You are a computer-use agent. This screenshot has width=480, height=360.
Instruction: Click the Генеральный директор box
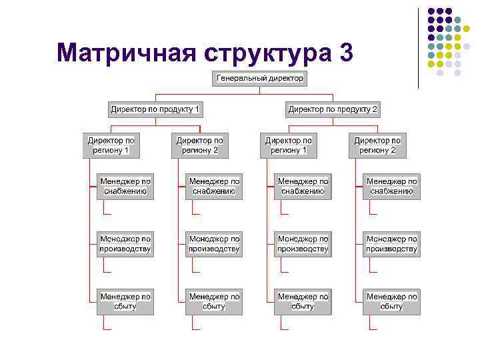point(260,79)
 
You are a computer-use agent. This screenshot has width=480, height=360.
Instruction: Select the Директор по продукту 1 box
point(155,109)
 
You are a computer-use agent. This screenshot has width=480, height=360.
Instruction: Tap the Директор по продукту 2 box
point(333,109)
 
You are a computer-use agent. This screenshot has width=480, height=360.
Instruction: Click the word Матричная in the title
point(125,53)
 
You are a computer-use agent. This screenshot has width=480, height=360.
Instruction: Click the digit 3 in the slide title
point(345,53)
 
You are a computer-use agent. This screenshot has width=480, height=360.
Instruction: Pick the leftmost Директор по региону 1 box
point(111,145)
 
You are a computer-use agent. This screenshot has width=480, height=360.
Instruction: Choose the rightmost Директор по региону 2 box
point(377,145)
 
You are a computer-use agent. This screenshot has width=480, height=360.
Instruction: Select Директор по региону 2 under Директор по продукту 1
point(200,145)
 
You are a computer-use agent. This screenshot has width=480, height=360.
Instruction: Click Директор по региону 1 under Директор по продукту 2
point(289,145)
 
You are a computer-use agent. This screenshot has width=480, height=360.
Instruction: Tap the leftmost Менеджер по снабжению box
point(125,186)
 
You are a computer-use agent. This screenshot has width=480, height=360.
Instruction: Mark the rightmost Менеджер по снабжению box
point(392,186)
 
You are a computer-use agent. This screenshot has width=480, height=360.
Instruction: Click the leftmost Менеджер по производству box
point(125,244)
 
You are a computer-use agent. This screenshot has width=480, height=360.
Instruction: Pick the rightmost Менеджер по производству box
point(392,244)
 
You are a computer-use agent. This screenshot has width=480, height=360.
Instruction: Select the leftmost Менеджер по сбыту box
point(125,301)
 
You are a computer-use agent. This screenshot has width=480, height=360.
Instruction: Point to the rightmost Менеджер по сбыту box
point(392,301)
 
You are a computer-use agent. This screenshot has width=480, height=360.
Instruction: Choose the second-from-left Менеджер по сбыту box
point(214,301)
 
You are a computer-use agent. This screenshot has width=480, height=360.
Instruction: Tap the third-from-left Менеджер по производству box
point(303,244)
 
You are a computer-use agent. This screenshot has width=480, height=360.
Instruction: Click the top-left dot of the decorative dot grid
point(431,11)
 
